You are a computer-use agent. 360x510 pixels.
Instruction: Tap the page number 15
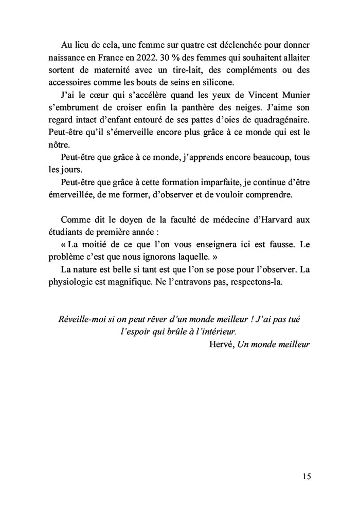point(305,476)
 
